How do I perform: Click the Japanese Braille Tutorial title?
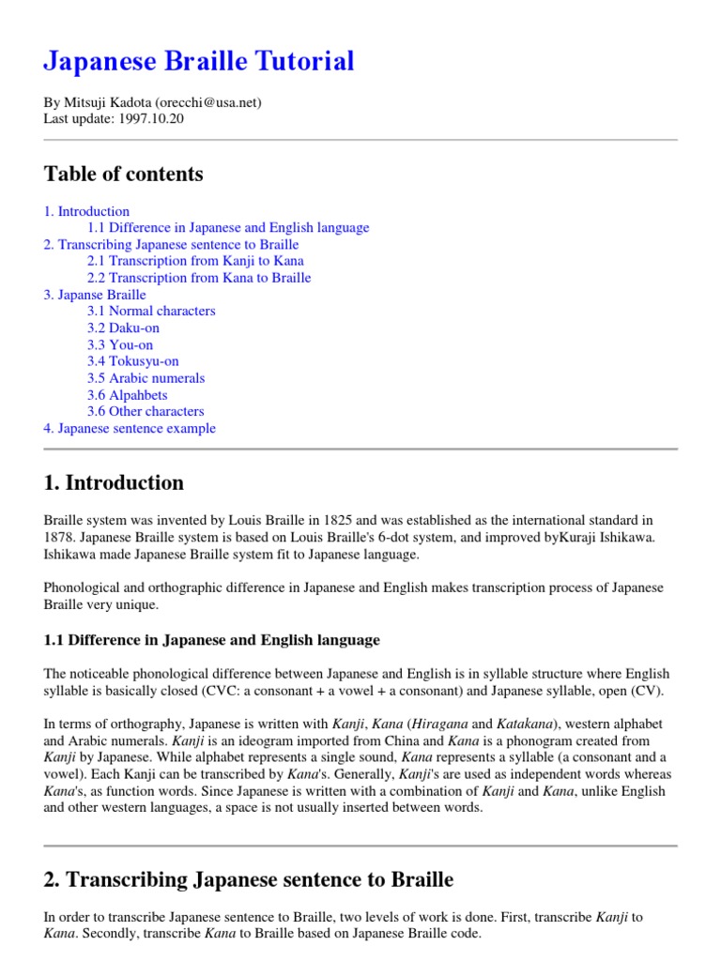pyautogui.click(x=199, y=62)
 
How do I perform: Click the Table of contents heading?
pyautogui.click(x=123, y=174)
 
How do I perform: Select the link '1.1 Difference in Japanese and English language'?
pyautogui.click(x=228, y=227)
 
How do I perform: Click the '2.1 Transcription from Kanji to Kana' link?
pyautogui.click(x=195, y=261)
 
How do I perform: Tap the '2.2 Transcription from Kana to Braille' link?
pyautogui.click(x=199, y=278)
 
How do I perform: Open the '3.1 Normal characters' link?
pyautogui.click(x=151, y=311)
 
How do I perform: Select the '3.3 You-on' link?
pyautogui.click(x=120, y=344)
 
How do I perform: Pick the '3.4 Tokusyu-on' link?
pyautogui.click(x=132, y=361)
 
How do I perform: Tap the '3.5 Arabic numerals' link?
pyautogui.click(x=146, y=378)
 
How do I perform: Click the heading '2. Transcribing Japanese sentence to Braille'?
pyautogui.click(x=249, y=879)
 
